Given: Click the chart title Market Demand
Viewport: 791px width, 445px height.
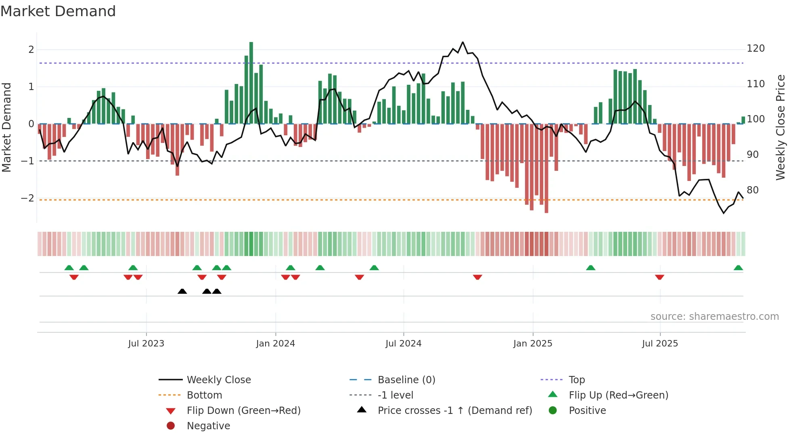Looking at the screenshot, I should tap(58, 11).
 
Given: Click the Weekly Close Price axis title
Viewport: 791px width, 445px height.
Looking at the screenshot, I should tap(781, 127).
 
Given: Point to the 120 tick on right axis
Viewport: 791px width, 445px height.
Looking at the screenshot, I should tap(755, 48).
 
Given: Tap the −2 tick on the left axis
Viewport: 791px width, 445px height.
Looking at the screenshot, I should tap(27, 198).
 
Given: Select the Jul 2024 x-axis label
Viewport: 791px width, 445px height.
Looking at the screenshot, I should tap(403, 343).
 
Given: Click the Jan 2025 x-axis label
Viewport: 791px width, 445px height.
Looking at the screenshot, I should tap(532, 343).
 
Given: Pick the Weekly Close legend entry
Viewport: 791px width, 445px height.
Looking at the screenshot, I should tap(218, 380).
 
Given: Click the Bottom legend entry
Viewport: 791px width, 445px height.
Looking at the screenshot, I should tap(204, 395).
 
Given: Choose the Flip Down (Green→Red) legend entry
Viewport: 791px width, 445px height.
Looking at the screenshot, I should tap(243, 410).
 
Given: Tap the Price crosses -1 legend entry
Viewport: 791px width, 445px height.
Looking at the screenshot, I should tap(454, 410).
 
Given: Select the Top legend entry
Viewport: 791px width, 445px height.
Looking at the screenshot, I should tap(577, 380).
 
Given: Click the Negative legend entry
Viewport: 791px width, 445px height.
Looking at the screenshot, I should tap(208, 426).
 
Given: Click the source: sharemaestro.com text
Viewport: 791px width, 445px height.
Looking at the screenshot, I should tap(714, 316).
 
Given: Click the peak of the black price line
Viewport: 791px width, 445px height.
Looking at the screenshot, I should tap(462, 42).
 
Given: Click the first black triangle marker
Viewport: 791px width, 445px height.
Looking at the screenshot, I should tap(182, 291).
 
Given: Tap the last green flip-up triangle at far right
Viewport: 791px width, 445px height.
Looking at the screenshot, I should tap(738, 268).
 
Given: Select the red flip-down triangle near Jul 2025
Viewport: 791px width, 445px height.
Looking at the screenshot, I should tap(659, 277).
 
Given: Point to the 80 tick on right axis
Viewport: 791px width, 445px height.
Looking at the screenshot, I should tap(752, 190).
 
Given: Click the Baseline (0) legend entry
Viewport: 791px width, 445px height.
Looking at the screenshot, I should tap(406, 380).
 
